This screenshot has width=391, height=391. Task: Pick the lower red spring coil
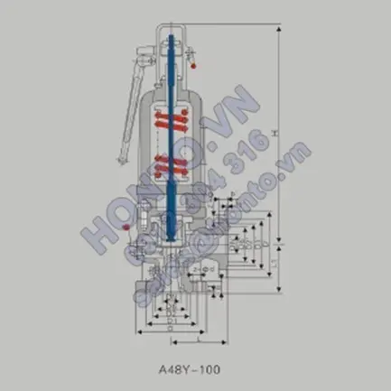[169, 165]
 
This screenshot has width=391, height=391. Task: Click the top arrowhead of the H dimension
[280, 28]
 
